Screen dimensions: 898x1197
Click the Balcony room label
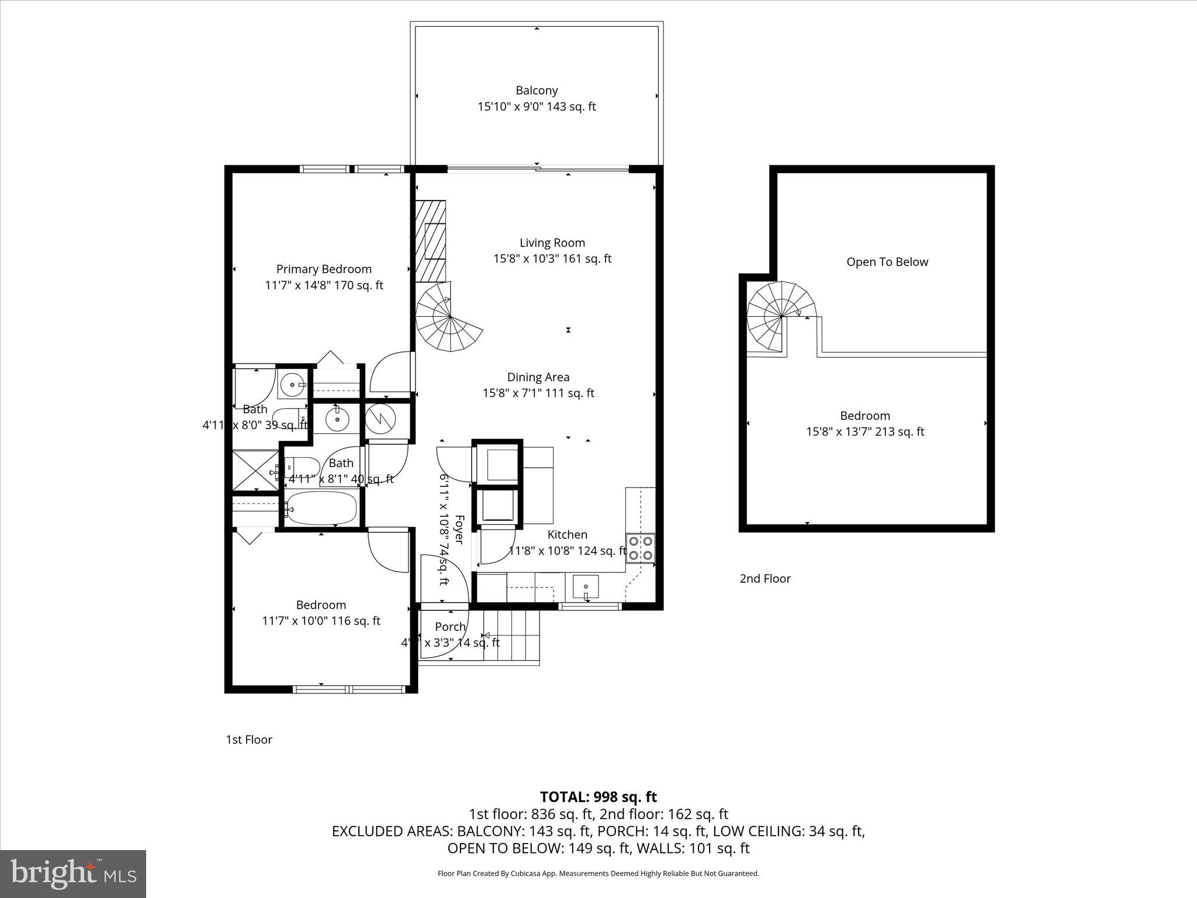coord(536,91)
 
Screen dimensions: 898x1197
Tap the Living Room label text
coord(552,243)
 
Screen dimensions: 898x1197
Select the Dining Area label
coord(538,377)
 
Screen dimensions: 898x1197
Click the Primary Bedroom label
coord(324,269)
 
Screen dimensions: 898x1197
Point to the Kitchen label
coord(567,534)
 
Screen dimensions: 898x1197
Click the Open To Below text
coord(887,262)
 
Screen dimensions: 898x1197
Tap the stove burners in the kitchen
coord(641,547)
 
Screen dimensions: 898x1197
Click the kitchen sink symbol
coord(586,586)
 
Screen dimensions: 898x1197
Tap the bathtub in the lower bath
coord(321,508)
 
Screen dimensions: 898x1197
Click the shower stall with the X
coord(255,470)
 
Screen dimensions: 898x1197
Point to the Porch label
coord(450,627)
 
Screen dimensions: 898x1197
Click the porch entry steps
coord(511,636)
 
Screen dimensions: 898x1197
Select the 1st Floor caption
coord(249,740)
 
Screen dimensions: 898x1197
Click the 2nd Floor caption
coord(764,579)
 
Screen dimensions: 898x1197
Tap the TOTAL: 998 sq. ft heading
coord(598,797)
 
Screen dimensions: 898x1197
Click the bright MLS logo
coord(73,873)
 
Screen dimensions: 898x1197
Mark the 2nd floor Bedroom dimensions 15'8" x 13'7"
coord(864,432)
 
